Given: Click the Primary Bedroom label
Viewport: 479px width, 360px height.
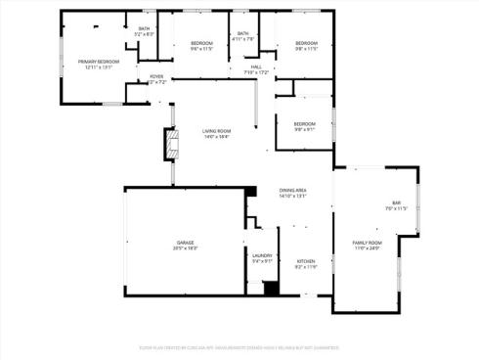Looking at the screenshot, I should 98,62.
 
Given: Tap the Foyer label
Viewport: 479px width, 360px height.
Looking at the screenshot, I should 156,76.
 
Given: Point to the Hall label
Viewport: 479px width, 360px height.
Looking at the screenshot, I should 255,66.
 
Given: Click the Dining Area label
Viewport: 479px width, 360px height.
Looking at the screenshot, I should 293,190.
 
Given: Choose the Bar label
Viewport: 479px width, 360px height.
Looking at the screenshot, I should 396,202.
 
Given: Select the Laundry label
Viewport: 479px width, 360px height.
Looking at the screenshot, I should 262,255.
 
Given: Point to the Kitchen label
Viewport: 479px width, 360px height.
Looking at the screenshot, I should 306,260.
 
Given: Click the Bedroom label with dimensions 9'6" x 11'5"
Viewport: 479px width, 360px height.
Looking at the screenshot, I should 201,43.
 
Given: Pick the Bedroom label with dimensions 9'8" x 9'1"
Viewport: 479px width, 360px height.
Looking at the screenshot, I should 305,123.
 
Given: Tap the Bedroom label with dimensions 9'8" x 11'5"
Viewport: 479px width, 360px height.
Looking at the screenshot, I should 306,43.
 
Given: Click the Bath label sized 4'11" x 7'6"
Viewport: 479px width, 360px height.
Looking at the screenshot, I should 243,34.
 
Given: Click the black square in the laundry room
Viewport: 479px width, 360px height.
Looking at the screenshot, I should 269,288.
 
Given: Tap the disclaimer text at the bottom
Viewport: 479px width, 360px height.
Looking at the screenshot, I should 239,345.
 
